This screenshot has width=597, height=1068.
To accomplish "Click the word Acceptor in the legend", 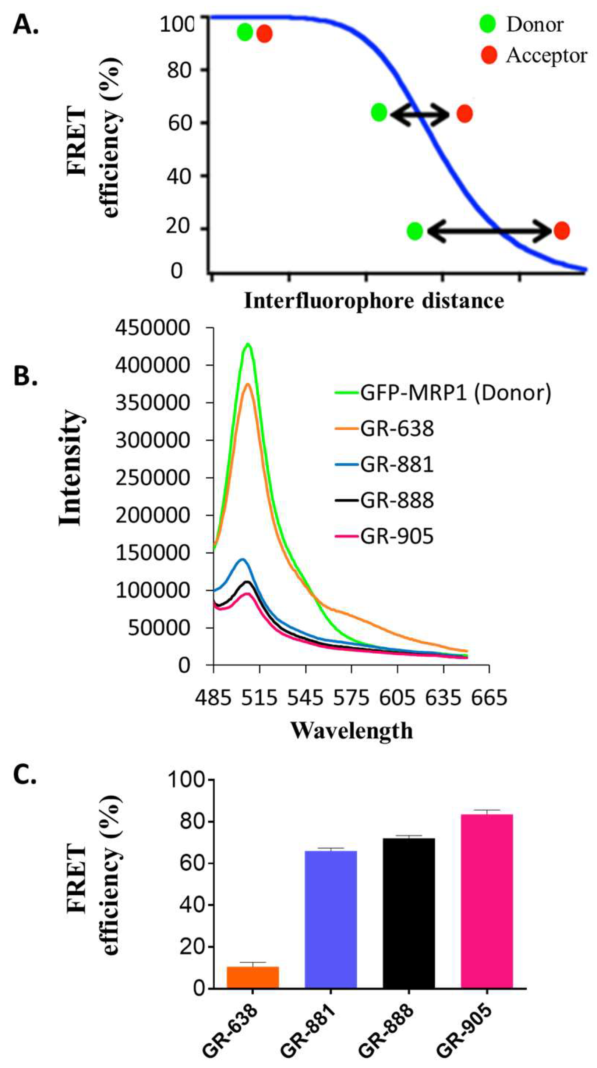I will tap(546, 55).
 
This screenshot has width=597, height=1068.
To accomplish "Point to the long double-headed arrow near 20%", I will tap(488, 231).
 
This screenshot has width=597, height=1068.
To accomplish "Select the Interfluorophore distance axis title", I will tap(374, 301).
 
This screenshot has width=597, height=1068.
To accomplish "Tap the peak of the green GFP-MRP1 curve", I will tap(248, 344).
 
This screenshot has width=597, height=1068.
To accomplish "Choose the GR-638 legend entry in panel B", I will tap(396, 428).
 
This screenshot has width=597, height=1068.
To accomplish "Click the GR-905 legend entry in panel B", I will tap(396, 536).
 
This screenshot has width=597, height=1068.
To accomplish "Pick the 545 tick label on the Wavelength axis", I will tap(305, 698).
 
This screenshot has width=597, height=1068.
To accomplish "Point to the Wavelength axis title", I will tap(352, 731).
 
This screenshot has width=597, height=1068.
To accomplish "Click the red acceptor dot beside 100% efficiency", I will tap(264, 33).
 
